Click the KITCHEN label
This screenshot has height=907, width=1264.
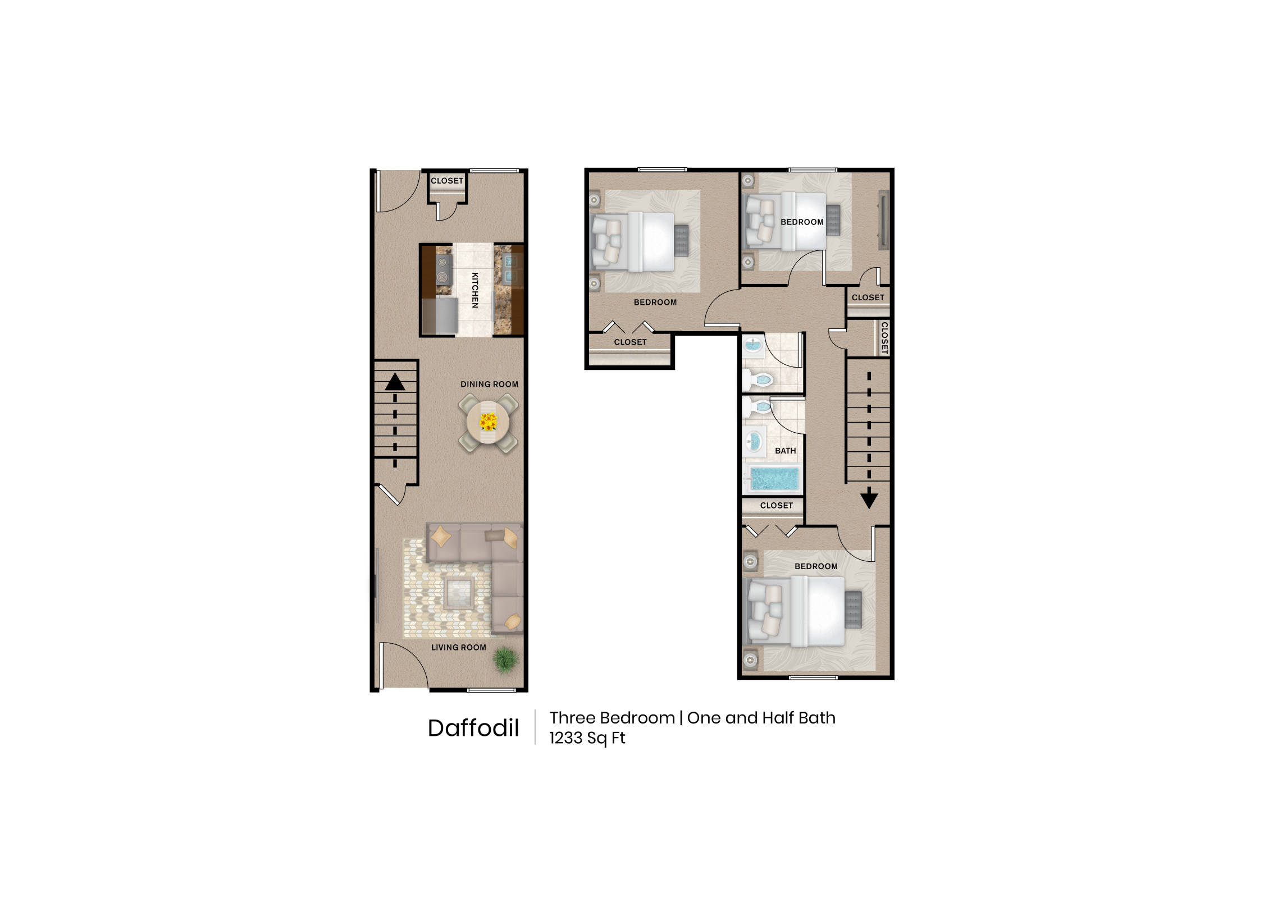[474, 290]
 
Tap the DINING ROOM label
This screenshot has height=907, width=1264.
[489, 384]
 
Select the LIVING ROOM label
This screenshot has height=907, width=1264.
[458, 647]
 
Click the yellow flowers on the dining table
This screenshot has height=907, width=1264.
[489, 421]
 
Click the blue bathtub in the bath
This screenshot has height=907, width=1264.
[774, 479]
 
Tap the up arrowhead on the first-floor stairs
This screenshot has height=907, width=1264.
[395, 382]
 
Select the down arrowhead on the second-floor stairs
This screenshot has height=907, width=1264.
[869, 498]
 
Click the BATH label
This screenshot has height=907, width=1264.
[785, 451]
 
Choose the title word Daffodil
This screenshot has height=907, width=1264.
[473, 728]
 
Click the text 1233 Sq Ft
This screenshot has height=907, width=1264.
[587, 738]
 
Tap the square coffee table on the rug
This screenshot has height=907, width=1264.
[459, 592]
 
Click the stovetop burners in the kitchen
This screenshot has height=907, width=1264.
[442, 269]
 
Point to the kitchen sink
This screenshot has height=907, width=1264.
[510, 268]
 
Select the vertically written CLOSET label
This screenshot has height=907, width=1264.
[884, 337]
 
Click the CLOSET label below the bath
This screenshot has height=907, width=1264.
[776, 506]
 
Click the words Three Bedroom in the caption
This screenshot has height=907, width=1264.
[612, 718]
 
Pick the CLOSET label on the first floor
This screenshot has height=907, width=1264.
[447, 181]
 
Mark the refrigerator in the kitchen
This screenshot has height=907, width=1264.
[439, 317]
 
